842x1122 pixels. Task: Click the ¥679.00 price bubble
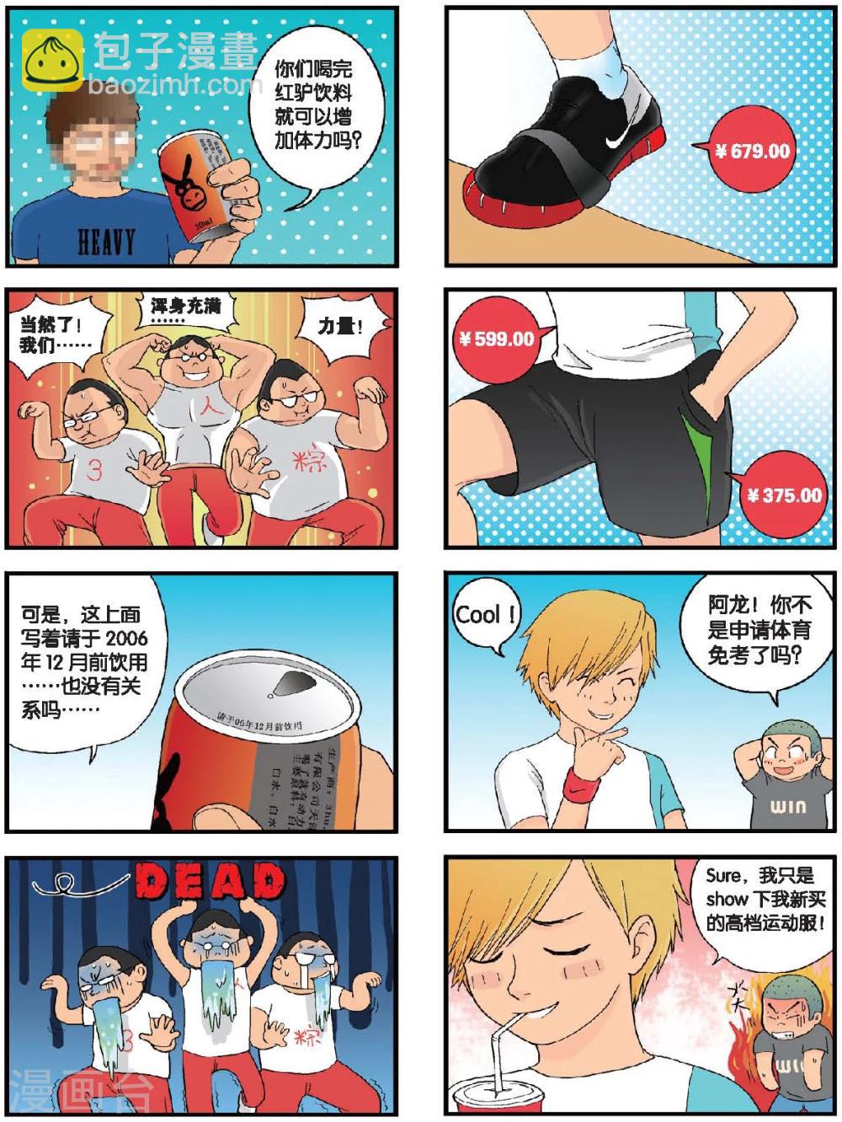click(752, 152)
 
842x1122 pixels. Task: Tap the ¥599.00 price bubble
click(497, 339)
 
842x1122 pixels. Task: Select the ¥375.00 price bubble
click(784, 494)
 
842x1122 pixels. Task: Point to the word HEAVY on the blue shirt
click(106, 242)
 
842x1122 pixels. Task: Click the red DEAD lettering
click(210, 882)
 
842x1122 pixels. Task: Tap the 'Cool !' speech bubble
click(485, 615)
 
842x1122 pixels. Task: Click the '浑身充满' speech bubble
click(184, 309)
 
